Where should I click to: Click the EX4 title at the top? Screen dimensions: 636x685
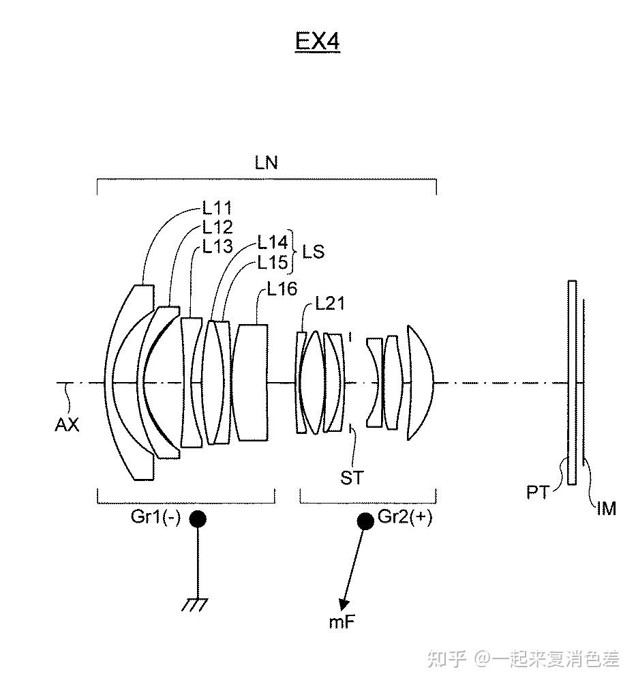[x=318, y=42]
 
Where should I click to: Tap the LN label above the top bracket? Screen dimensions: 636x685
[x=267, y=163]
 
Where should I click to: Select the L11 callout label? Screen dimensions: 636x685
[x=217, y=208]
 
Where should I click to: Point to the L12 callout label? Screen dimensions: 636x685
[x=217, y=227]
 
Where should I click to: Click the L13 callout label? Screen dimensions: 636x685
[x=217, y=246]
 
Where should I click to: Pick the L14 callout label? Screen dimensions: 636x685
[x=273, y=242]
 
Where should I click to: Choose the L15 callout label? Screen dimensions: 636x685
[x=273, y=263]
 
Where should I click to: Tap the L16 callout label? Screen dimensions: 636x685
[x=282, y=289]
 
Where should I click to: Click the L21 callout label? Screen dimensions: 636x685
[x=330, y=303]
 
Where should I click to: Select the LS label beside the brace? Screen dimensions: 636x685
[x=314, y=252]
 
